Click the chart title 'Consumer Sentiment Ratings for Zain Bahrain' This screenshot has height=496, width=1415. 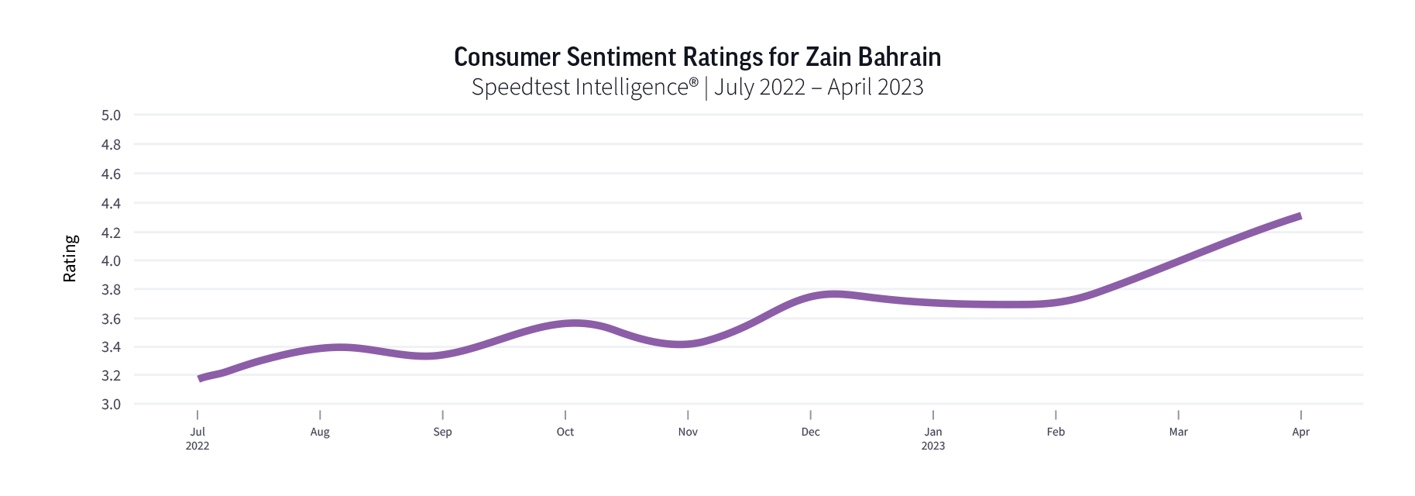point(697,57)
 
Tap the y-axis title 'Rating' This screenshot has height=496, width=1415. point(70,259)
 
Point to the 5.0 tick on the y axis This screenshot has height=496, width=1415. point(111,115)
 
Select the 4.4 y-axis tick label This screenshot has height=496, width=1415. point(111,203)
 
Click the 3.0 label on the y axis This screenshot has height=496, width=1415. point(111,404)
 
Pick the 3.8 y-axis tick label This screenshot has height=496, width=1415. point(111,290)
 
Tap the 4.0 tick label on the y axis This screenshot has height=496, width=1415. point(111,261)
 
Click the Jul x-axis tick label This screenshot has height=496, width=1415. point(197,432)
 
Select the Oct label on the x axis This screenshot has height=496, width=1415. point(565,432)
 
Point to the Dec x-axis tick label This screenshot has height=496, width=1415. point(810,432)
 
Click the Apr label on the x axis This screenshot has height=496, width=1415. point(1300,432)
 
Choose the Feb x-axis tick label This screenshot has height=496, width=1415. point(1056,432)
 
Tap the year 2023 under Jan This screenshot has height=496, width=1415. point(933,446)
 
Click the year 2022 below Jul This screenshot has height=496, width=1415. point(197,446)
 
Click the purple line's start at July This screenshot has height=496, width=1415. point(200,379)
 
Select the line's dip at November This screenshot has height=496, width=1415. point(682,344)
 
